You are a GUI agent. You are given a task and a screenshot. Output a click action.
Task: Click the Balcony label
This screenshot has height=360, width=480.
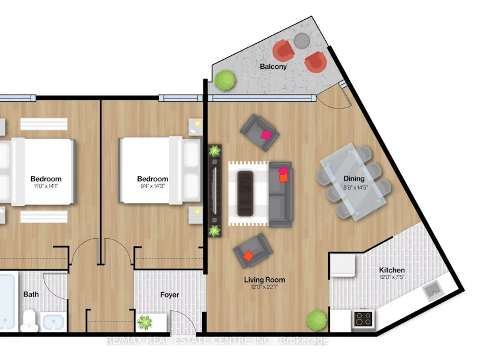(273, 67)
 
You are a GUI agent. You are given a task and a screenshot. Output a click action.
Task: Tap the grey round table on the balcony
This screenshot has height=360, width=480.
(302, 41)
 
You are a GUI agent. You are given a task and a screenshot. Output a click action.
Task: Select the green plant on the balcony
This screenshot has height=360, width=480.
(225, 80)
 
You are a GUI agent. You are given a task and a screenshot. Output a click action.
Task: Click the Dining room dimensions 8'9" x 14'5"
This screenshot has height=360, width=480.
(355, 187)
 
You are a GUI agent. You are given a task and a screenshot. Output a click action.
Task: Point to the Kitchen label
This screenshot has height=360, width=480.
(392, 270)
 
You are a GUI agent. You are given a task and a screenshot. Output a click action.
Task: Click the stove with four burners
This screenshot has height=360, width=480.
(364, 319)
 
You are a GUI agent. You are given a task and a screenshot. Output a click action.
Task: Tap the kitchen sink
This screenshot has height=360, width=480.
(433, 290)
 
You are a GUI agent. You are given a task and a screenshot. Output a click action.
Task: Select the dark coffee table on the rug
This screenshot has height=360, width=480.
(245, 193)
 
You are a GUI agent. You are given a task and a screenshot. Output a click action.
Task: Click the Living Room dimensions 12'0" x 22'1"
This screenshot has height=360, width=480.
(264, 287)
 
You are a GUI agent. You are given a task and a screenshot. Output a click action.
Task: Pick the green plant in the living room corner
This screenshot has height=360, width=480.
(317, 320)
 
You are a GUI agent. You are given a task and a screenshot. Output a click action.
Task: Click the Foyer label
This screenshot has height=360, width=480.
(170, 295)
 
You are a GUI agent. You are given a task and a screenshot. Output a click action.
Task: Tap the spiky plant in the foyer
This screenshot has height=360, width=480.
(145, 322)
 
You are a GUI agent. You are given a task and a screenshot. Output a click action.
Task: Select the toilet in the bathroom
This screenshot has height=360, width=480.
(29, 320)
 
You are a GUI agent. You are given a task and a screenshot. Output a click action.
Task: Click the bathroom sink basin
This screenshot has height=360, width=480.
(53, 322)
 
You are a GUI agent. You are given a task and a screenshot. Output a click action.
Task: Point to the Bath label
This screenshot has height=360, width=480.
(31, 294)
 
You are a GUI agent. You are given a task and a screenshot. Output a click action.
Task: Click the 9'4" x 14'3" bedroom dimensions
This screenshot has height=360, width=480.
(152, 186)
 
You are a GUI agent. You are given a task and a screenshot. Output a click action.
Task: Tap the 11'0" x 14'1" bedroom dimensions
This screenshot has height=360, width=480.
(46, 186)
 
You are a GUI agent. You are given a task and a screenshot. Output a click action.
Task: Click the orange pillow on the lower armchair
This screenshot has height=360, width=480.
(248, 256)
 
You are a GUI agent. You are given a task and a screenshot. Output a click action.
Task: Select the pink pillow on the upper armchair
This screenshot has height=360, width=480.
(266, 134)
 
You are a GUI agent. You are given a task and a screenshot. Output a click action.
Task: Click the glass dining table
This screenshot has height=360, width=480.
(353, 182)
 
